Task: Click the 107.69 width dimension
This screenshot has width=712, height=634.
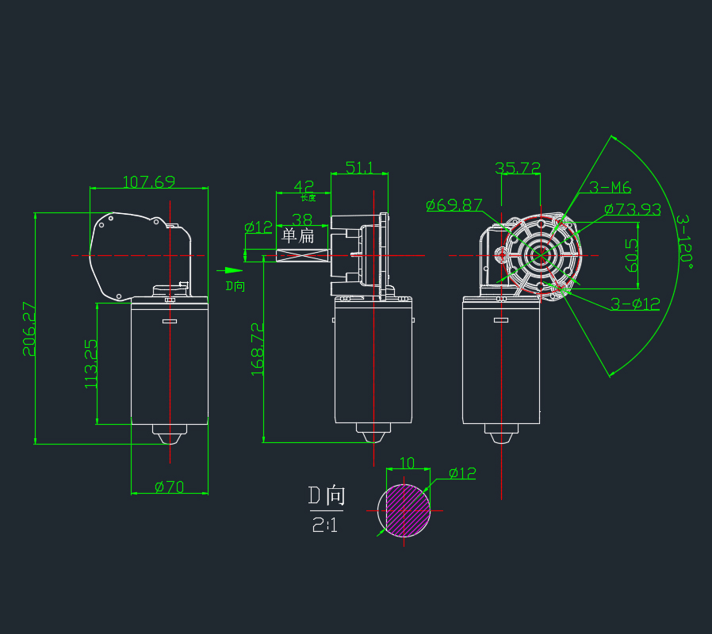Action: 148,181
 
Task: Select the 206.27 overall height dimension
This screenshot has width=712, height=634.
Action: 29,328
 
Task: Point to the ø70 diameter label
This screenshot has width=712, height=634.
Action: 169,487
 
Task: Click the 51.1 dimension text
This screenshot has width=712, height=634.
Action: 359,168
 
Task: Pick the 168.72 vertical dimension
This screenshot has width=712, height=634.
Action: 257,349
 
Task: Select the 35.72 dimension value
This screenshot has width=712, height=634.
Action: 518,168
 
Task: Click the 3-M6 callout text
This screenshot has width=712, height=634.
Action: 609,188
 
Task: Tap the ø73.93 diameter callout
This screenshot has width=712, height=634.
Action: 632,209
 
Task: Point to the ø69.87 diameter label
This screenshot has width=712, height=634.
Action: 454,205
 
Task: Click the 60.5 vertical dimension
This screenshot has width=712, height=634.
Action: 632,256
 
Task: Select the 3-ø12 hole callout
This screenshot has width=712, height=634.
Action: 635,304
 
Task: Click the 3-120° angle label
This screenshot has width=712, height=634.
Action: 684,242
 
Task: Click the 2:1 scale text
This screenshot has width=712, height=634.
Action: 324,524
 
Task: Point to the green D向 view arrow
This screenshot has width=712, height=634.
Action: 228,270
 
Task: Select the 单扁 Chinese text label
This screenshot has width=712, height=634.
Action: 298,235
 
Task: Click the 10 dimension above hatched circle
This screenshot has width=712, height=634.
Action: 407,463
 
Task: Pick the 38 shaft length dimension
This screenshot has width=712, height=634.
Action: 301,219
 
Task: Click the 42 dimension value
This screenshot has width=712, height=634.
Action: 304,187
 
